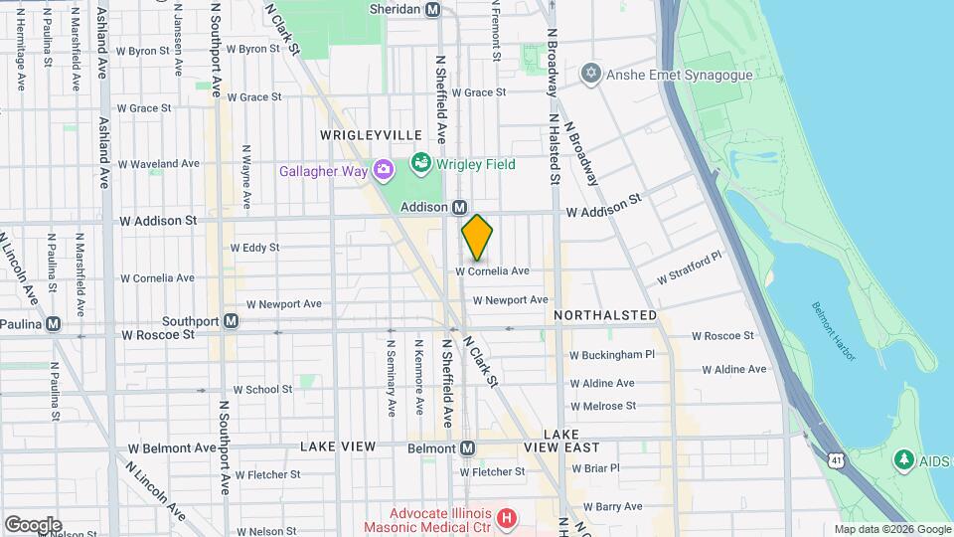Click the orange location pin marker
pos(477,239)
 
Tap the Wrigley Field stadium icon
pos(421,161)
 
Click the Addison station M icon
pos(459,207)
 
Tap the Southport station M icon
pos(231,321)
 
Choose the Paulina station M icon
pos(54,323)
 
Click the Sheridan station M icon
pos(432,9)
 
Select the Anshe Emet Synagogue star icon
pos(591,74)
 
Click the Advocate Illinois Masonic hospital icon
pos(508,517)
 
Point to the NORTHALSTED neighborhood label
pos(605,315)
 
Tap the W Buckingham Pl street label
pos(612,354)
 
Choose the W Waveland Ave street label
pos(158,164)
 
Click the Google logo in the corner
pos(33,524)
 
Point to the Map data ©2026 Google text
pos(891,529)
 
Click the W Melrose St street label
pos(602,406)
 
